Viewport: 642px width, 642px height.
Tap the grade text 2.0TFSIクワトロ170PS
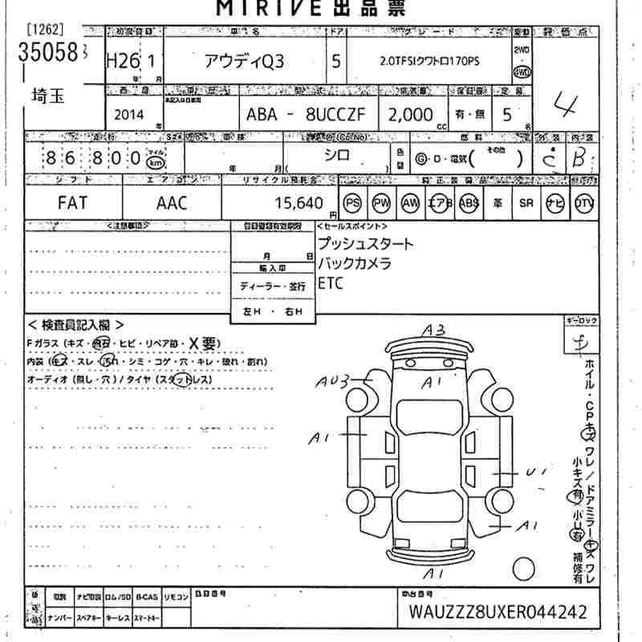429,63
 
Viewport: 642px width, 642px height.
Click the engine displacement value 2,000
410,115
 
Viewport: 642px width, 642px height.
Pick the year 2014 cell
129,115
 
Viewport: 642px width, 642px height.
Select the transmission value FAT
73,203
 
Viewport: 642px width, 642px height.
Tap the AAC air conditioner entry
171,203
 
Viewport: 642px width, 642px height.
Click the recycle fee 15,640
299,204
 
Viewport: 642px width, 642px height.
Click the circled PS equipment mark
352,204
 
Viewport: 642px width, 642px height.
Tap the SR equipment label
526,204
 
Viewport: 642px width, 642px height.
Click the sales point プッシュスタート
365,244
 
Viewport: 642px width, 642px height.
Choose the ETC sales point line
330,282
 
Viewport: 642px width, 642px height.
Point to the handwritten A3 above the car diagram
434,330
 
